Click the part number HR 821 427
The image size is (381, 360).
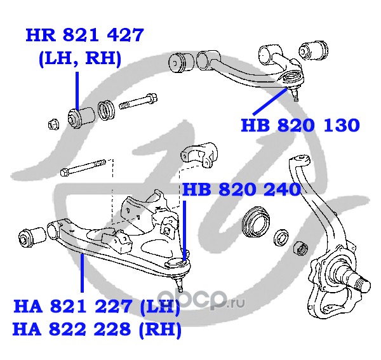pyautogui.click(x=84, y=35)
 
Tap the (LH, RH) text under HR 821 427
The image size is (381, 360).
pyautogui.click(x=79, y=58)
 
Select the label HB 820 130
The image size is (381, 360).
pyautogui.click(x=300, y=125)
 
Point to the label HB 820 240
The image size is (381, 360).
pyautogui.click(x=241, y=189)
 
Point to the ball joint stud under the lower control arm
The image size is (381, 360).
pyautogui.click(x=180, y=281)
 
